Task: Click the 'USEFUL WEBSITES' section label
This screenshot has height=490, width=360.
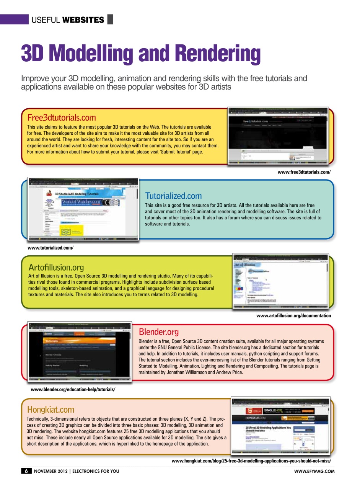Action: [68, 20]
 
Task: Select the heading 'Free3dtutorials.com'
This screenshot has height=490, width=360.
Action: [62, 118]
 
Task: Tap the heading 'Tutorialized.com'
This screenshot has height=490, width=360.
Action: [173, 196]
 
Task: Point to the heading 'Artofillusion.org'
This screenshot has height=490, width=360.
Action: [56, 267]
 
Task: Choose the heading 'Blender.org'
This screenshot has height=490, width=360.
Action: [158, 332]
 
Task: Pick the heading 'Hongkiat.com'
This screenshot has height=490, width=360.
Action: [50, 410]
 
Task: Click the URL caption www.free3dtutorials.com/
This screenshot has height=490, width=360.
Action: [304, 172]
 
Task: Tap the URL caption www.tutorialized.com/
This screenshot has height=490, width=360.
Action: [50, 248]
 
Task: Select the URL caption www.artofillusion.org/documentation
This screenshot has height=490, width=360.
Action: [293, 316]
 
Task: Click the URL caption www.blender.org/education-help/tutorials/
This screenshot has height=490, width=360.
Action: [73, 389]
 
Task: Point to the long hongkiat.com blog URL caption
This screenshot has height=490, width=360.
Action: [251, 461]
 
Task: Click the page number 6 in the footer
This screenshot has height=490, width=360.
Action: [26, 471]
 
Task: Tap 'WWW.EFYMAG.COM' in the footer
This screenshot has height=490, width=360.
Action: [314, 471]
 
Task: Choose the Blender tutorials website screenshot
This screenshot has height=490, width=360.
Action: [80, 351]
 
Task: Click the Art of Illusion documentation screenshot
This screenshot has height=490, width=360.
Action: [280, 281]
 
